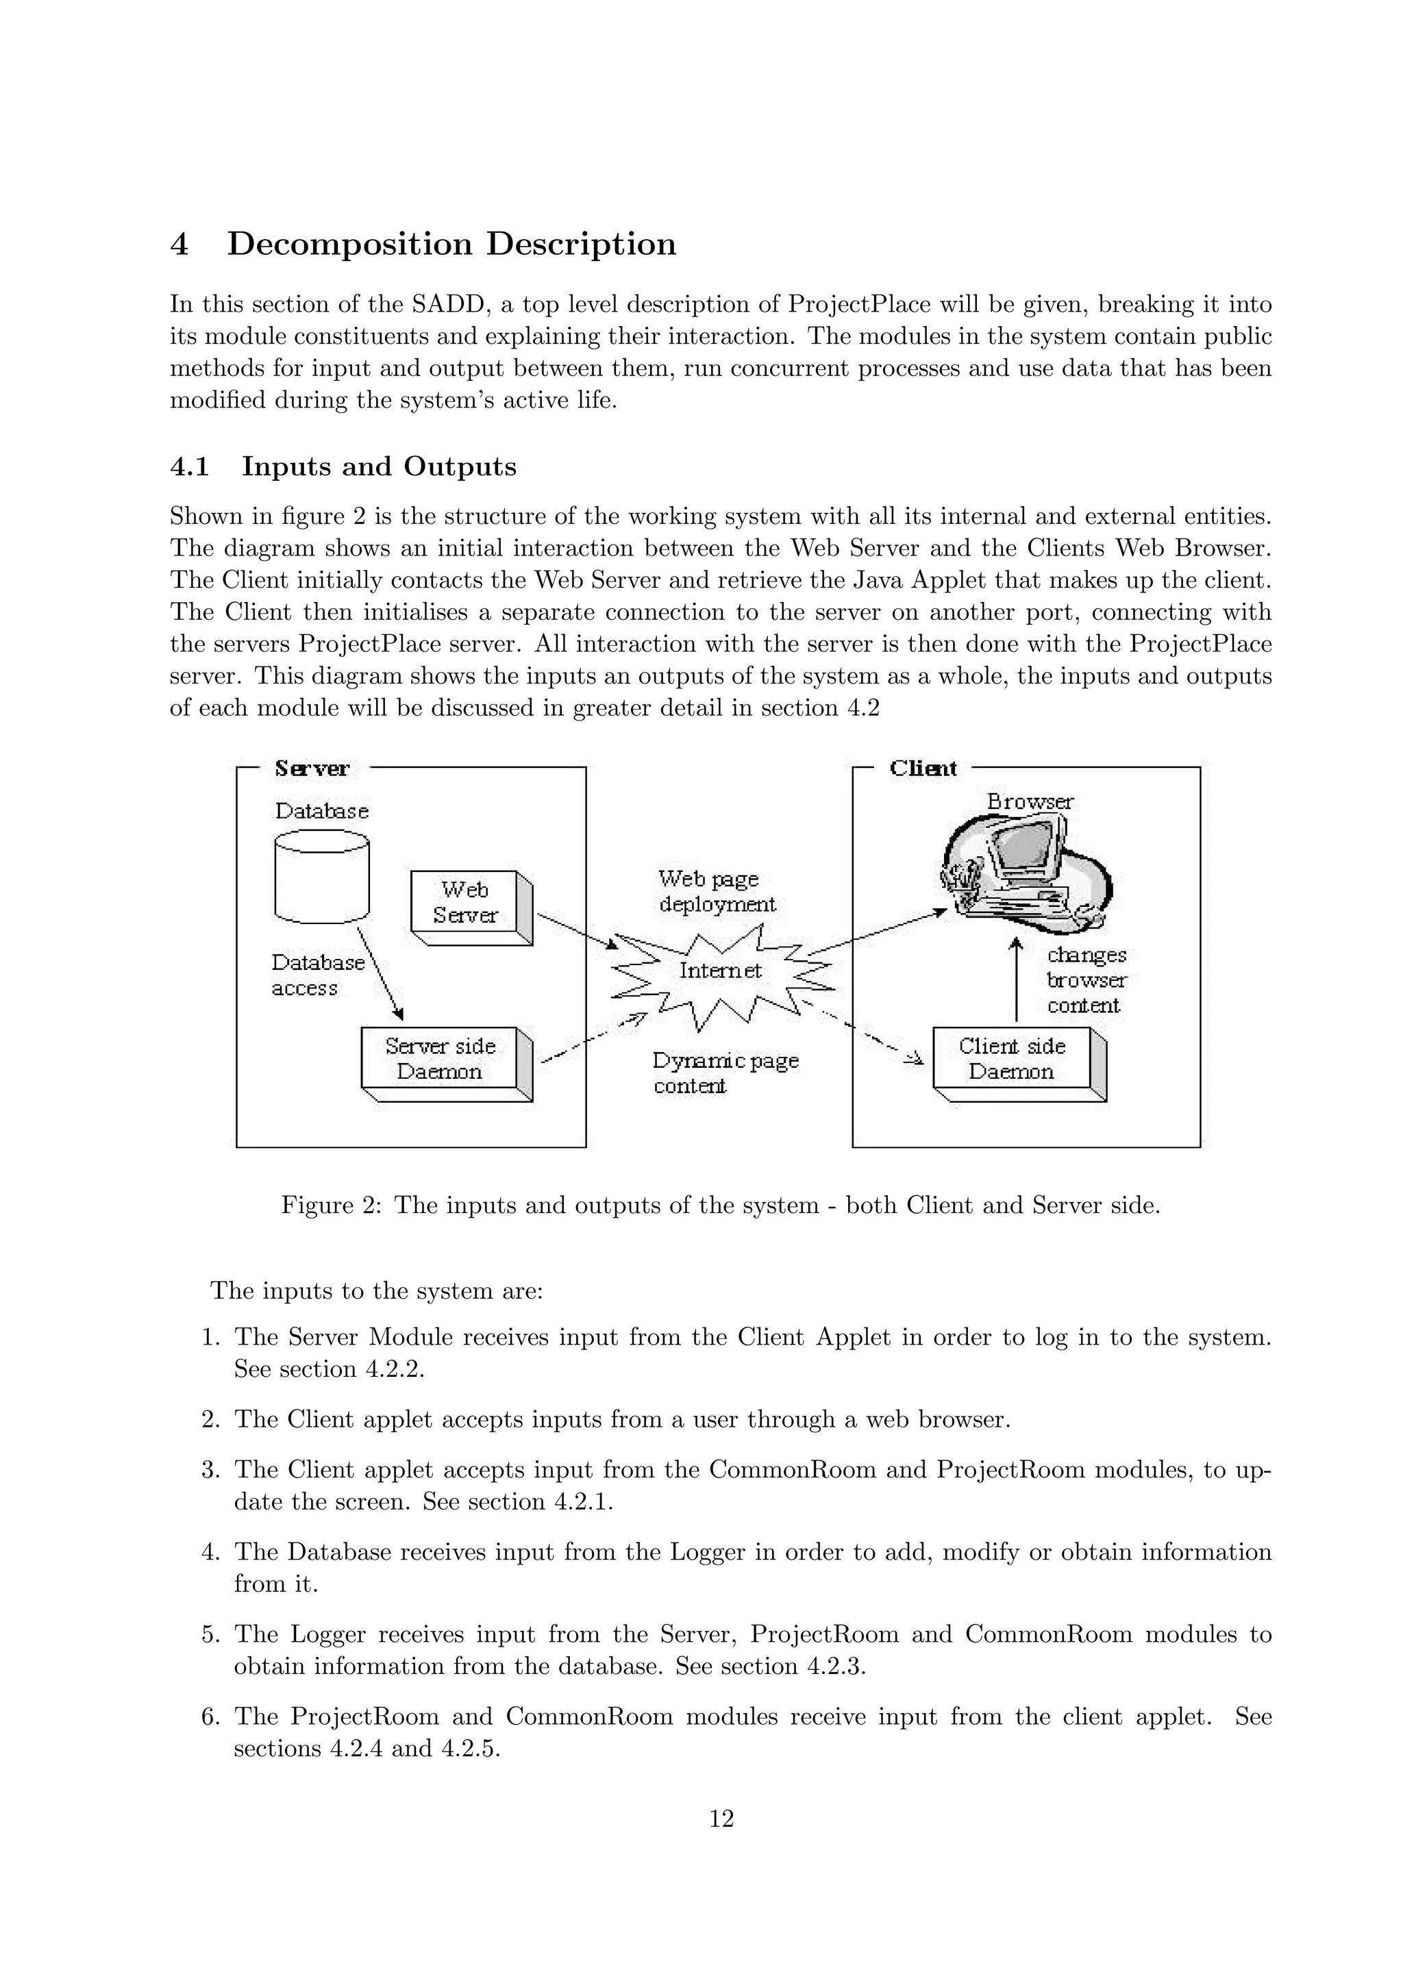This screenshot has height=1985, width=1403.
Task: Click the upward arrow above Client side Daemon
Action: pos(1017,982)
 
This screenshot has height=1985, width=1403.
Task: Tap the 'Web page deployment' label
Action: pos(717,891)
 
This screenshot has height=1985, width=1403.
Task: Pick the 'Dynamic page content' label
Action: pos(724,1073)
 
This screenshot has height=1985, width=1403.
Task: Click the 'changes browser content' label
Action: pos(1087,980)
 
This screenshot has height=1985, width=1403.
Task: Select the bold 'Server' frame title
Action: pos(312,769)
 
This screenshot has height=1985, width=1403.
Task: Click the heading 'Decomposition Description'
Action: pos(451,244)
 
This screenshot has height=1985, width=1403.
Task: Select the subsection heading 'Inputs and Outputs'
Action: pos(379,467)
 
